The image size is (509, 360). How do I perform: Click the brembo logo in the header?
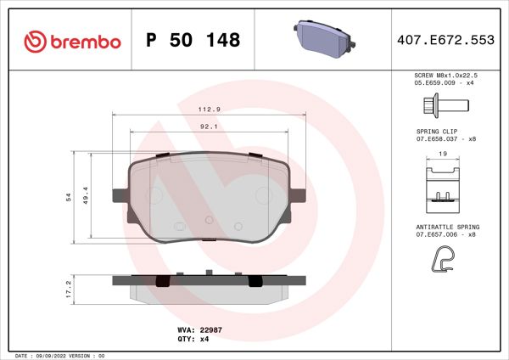click(72, 40)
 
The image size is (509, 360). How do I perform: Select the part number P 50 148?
click(193, 40)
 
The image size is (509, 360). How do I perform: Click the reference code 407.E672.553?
click(445, 40)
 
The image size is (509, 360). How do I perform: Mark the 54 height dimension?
click(68, 197)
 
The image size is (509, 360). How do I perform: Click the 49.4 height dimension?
click(86, 197)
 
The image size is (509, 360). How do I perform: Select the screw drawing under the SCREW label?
click(445, 106)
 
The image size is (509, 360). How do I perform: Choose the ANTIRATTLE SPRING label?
click(448, 227)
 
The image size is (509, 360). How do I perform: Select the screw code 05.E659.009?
click(431, 82)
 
